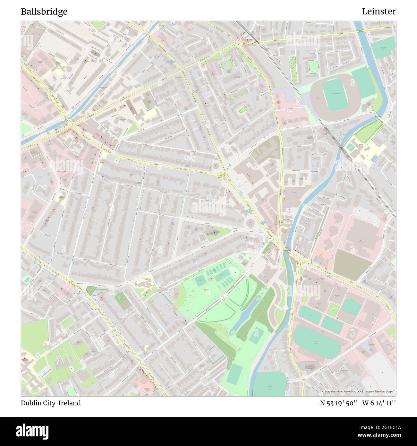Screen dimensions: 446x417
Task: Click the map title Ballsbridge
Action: tap(44, 12)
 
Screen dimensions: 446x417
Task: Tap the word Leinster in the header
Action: tap(379, 12)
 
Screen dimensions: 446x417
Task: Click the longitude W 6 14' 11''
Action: tap(379, 403)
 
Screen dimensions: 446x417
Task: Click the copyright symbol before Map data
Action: tap(323, 391)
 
